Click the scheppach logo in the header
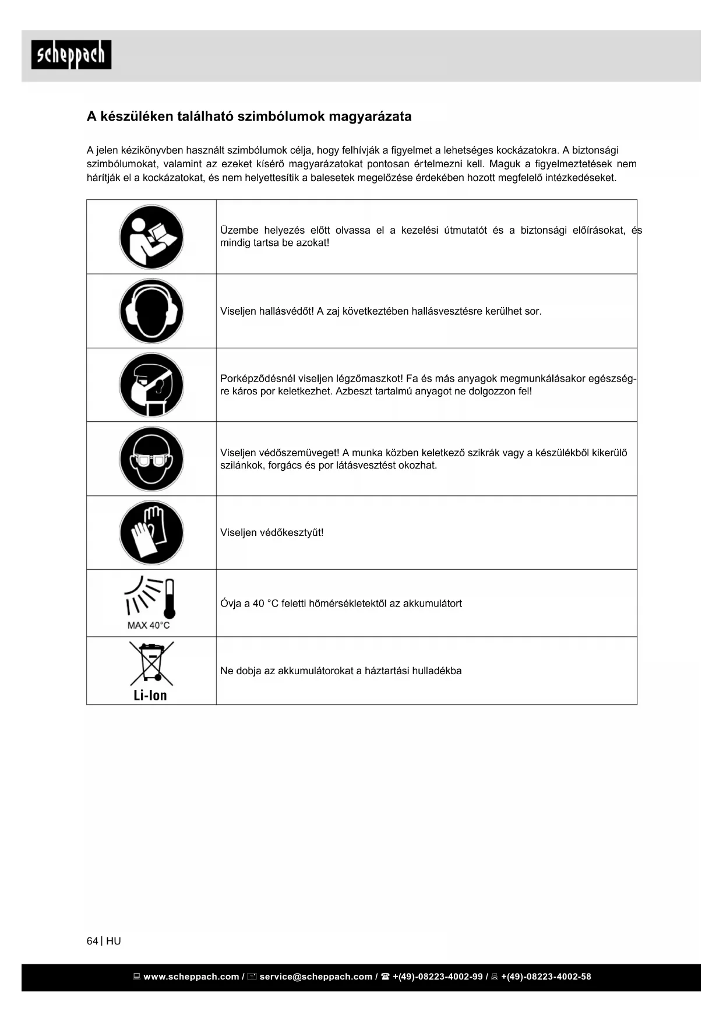coord(71,55)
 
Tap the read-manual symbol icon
coord(151,237)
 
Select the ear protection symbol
coord(151,311)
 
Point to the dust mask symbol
coord(151,385)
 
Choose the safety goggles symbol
coord(151,459)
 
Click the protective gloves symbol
coord(151,533)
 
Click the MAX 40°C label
coord(149,626)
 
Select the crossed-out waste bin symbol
coord(151,664)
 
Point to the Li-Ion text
coord(150,695)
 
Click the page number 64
coord(92,941)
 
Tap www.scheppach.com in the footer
coord(191,977)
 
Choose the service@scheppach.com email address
coord(316,977)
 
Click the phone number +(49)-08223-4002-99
coord(438,977)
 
